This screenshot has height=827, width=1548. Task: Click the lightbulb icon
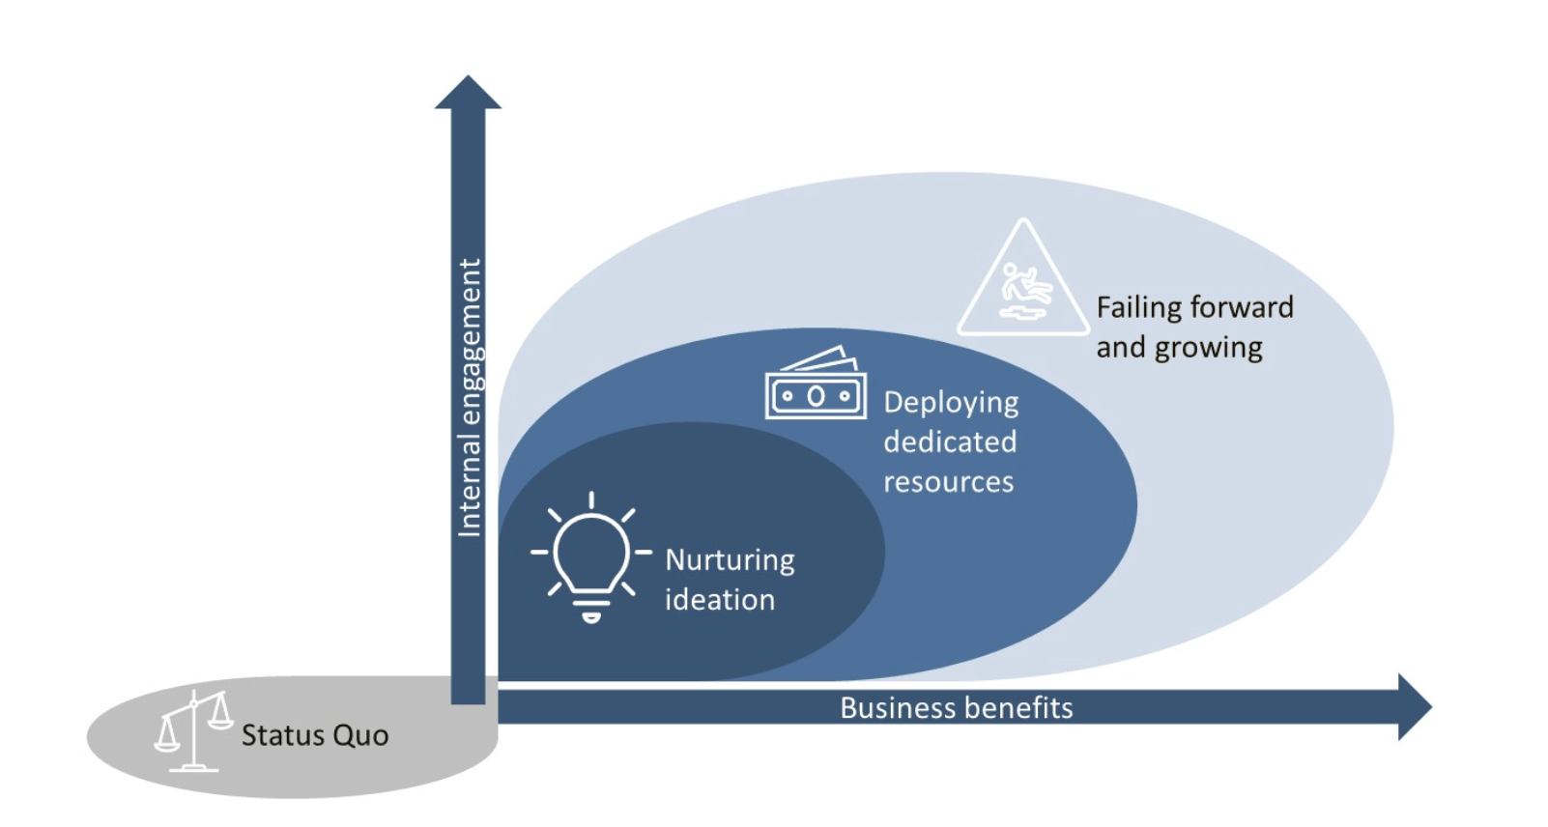click(x=590, y=556)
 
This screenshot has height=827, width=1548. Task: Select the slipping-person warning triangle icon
click(x=1023, y=282)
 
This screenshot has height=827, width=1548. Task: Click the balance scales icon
click(x=194, y=731)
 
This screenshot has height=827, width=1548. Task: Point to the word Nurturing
click(x=730, y=560)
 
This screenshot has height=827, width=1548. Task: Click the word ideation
click(x=719, y=600)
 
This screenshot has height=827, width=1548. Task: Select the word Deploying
click(x=951, y=403)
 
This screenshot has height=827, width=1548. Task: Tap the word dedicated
click(x=950, y=442)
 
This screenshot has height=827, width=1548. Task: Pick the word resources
click(x=948, y=481)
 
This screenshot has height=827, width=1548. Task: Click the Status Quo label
click(x=315, y=735)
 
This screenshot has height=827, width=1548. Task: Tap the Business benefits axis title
click(x=956, y=708)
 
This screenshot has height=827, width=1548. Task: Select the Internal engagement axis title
click(x=469, y=397)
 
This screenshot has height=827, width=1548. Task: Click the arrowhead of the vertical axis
click(x=468, y=93)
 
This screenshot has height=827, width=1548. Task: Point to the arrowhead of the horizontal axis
click(x=1414, y=707)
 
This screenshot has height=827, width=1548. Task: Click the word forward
click(x=1241, y=307)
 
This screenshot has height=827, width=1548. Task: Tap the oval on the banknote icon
click(x=816, y=396)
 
